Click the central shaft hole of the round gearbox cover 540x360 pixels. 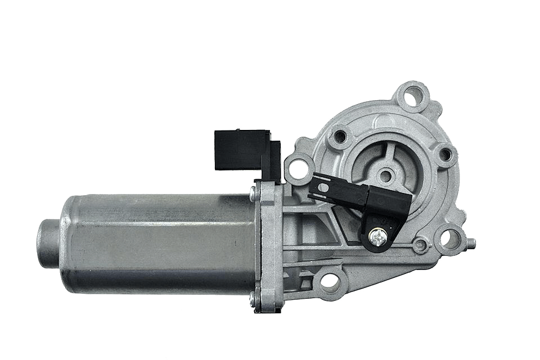pyautogui.click(x=385, y=175)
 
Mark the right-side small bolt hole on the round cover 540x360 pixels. pyautogui.click(x=444, y=155)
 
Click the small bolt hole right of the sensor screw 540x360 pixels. pyautogui.click(x=419, y=245)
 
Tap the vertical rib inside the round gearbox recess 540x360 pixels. pyautogui.click(x=392, y=155)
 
